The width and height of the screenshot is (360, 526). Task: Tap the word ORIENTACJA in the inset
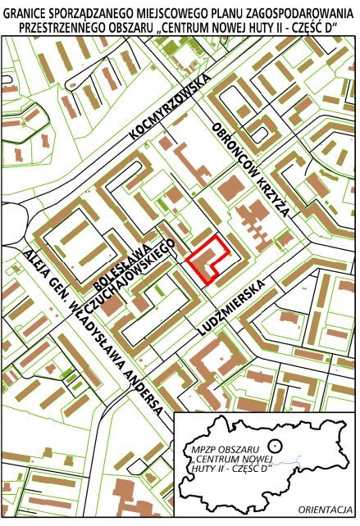point(326,508)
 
